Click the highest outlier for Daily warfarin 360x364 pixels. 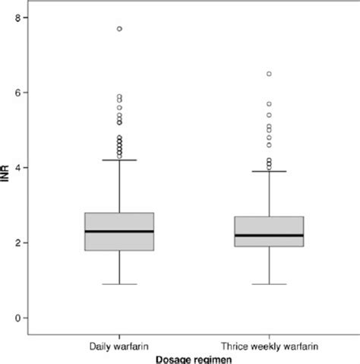119,29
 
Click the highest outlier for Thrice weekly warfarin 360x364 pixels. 269,74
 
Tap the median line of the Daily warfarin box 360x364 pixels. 119,231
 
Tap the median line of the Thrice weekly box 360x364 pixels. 269,236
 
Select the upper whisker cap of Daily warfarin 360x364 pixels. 119,160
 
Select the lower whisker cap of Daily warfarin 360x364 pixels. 119,284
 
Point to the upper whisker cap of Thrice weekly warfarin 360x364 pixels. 269,171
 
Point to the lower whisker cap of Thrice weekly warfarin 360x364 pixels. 269,284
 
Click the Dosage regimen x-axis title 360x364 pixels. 194,359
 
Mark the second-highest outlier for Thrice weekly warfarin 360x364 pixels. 269,103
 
